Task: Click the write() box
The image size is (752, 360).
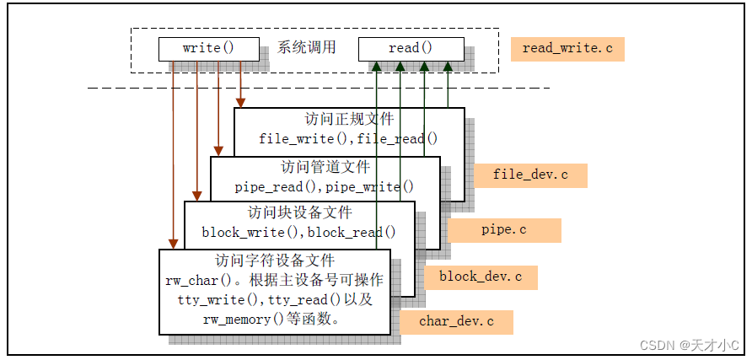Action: point(208,49)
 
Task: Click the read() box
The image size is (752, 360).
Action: point(410,49)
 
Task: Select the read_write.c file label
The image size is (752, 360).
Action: point(567,49)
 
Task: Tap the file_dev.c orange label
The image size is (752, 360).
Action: point(530,175)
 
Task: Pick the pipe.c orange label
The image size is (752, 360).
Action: point(504,229)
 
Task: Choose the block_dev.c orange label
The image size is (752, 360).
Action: point(481,277)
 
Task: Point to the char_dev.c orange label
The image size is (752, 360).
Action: point(456,321)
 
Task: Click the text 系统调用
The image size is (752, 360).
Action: point(307,48)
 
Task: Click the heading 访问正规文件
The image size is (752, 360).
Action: point(348,119)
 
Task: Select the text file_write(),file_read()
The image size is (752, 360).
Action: point(348,138)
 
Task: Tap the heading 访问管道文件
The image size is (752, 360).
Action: point(325,167)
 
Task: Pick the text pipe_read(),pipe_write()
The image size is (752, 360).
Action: point(325,186)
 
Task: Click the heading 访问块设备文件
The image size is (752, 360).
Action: point(299,212)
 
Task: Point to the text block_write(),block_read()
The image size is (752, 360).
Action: point(298,231)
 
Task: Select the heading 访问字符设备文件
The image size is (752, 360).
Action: point(274,260)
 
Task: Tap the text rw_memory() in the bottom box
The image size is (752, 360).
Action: point(236,319)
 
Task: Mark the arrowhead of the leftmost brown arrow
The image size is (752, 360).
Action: point(173,244)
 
